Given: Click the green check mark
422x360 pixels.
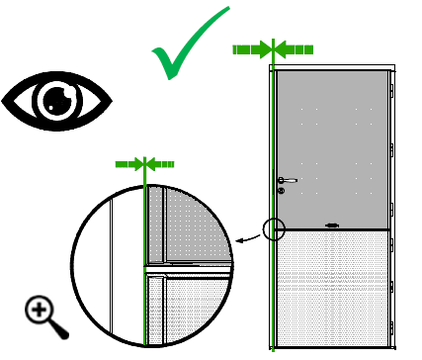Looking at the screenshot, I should pos(188,49).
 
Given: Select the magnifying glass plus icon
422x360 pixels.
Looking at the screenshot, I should pos(44,315).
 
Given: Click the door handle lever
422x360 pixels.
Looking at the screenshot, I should pos(288,180).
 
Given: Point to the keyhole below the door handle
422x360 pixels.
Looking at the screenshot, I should pos(281,190).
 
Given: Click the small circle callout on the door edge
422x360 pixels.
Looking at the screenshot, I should pos(274,230).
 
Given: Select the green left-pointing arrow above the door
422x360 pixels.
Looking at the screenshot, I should pos(295,48).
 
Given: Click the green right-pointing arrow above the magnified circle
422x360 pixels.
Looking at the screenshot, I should pos(129,164).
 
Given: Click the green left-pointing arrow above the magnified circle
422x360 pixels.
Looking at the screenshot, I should pos(162,164).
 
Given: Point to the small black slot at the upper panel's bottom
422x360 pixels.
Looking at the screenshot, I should pos(331,225).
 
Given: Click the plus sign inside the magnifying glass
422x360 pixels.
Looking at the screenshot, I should pos(40,311).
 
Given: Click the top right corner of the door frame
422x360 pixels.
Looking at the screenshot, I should pos(394,67).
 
